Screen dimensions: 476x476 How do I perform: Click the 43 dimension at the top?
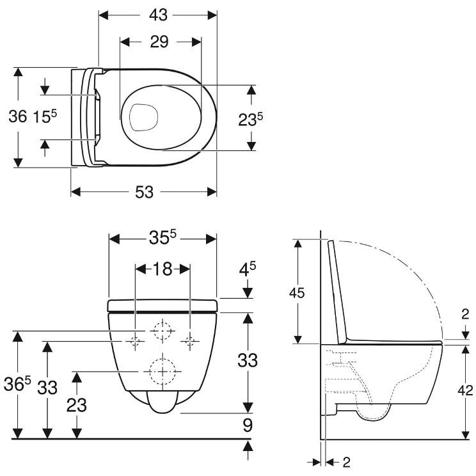point(158,15)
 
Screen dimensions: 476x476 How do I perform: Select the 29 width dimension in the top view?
point(159,42)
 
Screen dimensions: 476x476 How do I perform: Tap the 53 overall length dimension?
point(145,192)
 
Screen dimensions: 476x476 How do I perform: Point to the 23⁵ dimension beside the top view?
point(250,119)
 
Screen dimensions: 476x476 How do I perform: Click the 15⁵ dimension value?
point(45,116)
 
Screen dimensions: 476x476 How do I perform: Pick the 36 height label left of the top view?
point(18,116)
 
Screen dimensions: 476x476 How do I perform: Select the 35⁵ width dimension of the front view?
point(163,237)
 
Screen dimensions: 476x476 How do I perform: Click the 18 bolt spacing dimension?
point(163,269)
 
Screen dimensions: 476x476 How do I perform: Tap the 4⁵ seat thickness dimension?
point(248,269)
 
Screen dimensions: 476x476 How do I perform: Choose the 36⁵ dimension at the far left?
point(17,384)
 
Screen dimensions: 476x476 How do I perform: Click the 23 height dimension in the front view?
point(77,405)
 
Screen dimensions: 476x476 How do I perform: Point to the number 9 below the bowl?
point(248,425)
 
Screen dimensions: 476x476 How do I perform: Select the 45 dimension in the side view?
point(297,293)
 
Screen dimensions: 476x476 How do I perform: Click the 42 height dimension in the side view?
point(465,390)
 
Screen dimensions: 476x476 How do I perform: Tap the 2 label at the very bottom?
point(346,463)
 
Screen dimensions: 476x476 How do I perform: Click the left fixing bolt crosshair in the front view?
point(136,341)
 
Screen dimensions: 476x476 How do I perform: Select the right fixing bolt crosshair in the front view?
point(190,341)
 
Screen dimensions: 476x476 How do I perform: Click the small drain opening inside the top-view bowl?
point(143,118)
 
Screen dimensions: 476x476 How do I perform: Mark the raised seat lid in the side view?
point(338,292)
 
